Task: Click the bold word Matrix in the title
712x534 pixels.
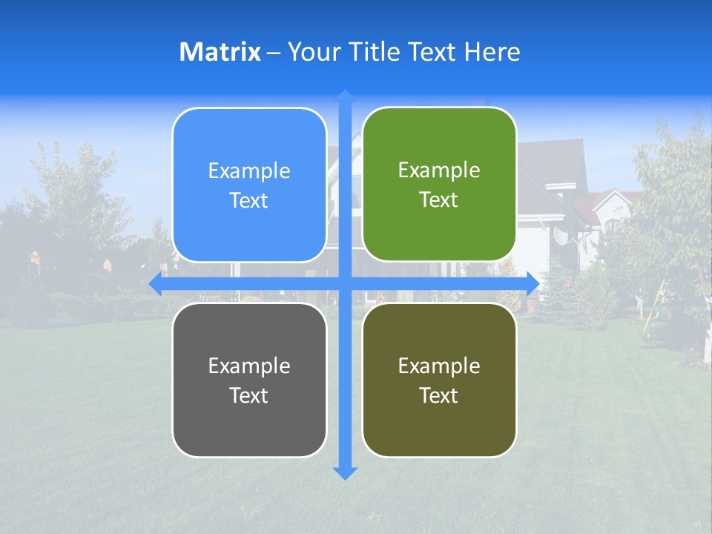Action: point(220,52)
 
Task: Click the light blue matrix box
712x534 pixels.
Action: point(249,185)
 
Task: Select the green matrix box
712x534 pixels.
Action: point(439,185)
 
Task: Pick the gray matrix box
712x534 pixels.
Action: point(249,380)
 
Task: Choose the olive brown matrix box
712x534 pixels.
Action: point(439,380)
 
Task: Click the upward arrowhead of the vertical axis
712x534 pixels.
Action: point(345,95)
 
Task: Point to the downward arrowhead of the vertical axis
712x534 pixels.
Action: point(345,473)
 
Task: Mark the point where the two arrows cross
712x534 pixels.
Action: point(345,283)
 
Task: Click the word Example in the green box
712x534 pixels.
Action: point(439,170)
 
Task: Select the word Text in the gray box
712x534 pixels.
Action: point(249,395)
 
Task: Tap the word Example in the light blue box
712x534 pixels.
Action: point(249,171)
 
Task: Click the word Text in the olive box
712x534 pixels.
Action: point(439,395)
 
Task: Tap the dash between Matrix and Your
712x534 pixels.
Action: point(274,53)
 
